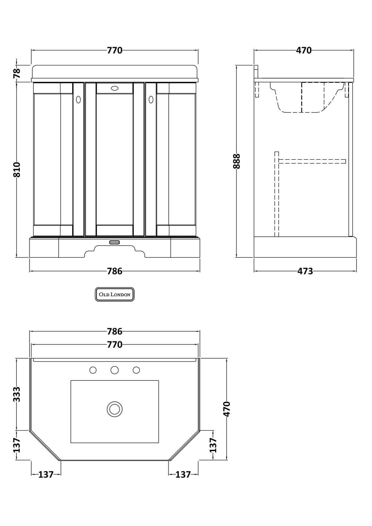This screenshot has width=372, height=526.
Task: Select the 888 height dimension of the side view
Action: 237,161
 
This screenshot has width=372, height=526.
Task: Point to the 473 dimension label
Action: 305,271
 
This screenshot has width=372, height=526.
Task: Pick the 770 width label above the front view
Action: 115,50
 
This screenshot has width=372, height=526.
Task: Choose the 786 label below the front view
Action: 115,271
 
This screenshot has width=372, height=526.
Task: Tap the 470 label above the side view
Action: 303,50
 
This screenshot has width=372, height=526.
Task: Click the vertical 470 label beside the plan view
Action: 227,409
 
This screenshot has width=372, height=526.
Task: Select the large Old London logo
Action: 114,294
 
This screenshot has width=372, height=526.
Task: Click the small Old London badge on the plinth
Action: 114,242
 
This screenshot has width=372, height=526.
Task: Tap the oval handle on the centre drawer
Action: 115,88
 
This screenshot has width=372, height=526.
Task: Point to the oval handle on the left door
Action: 78,99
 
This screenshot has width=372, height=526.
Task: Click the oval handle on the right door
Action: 151,99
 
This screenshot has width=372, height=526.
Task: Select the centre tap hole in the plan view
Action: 115,370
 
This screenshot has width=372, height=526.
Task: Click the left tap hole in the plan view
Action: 93,370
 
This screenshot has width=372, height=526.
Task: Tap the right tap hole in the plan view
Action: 136,370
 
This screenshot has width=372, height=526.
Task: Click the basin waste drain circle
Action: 115,409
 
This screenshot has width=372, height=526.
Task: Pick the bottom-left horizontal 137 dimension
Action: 46,475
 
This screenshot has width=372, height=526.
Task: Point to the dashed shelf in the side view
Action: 312,161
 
